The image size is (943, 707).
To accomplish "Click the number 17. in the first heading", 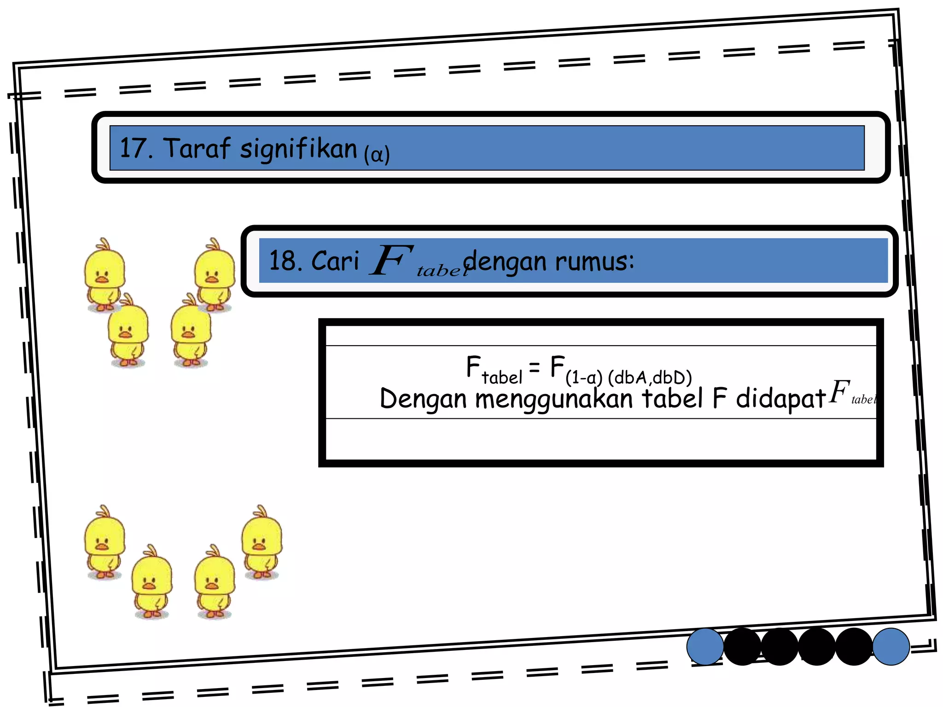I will pos(136,148).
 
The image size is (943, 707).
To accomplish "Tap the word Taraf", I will pos(197,148).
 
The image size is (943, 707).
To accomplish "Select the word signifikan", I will pos(298,150).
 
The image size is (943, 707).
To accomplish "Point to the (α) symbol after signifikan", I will pos(377,154).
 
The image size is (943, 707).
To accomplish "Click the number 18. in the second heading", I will pos(285,261).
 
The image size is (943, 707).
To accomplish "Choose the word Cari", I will pos(335,261).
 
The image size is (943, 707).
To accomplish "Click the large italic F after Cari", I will pos(391,260).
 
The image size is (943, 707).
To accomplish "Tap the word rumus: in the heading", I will pos(594,261).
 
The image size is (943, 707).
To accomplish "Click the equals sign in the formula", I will pos(534,367).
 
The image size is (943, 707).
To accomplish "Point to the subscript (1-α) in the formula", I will pos(583,378).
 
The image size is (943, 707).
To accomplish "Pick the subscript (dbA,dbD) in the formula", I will pos(650,378).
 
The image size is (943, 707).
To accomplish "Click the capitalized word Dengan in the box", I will pos(423,399).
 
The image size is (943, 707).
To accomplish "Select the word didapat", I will pos(780,399).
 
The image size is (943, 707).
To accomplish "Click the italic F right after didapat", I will pos(839,392).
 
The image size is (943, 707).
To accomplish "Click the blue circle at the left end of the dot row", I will pos(705,647).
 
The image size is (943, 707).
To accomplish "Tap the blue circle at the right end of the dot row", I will pos(891,647).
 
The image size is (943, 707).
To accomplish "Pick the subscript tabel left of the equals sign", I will pos(502,378).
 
